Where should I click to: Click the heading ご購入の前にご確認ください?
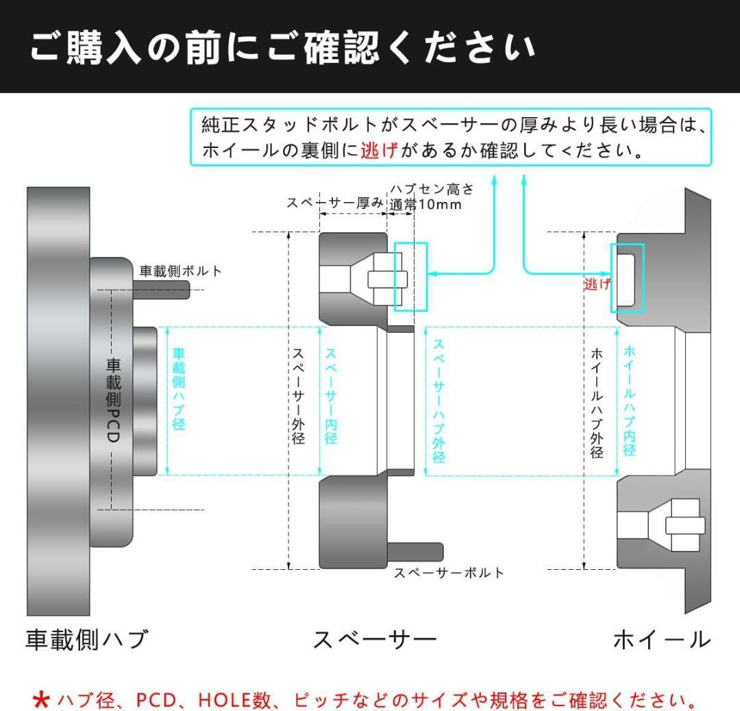point(282,47)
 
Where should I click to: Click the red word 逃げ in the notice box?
point(379,151)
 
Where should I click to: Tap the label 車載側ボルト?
point(180,271)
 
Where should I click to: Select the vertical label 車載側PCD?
point(113,400)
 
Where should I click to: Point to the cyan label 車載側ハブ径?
point(179,389)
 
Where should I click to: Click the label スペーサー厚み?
point(335,203)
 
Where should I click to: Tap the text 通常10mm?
point(425,205)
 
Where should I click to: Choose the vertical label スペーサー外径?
point(298,397)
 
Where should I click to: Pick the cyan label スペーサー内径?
point(331,397)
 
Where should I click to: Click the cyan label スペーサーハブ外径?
point(439,401)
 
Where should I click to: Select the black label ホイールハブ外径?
point(597,403)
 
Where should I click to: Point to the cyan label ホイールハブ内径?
point(630,401)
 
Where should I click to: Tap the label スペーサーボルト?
point(449,573)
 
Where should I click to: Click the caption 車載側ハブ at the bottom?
point(87,640)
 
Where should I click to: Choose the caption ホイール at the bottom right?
point(662,640)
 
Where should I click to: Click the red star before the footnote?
point(42,700)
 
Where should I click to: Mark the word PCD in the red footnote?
point(156,700)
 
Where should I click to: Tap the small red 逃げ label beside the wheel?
point(597,284)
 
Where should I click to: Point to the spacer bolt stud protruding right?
point(415,552)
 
